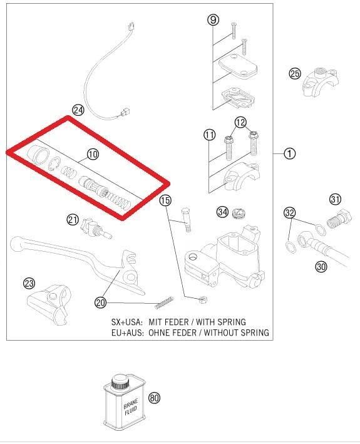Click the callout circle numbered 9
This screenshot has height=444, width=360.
pyautogui.click(x=213, y=20)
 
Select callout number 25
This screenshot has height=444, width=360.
pyautogui.click(x=295, y=74)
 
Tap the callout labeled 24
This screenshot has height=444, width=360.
pyautogui.click(x=78, y=110)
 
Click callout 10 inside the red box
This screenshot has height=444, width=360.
pyautogui.click(x=92, y=153)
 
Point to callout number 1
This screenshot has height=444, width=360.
pyautogui.click(x=289, y=153)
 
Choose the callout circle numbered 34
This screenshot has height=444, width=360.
pyautogui.click(x=222, y=212)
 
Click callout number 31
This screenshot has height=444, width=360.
pyautogui.click(x=336, y=200)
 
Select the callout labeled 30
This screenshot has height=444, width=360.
pyautogui.click(x=321, y=266)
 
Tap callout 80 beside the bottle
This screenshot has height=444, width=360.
pyautogui.click(x=154, y=398)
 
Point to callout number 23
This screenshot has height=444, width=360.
pyautogui.click(x=29, y=284)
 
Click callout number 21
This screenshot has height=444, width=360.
pyautogui.click(x=73, y=219)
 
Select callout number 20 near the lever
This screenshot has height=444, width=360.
pyautogui.click(x=101, y=302)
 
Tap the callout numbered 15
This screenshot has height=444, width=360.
pyautogui.click(x=165, y=200)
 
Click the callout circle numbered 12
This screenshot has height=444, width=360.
pyautogui.click(x=241, y=121)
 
